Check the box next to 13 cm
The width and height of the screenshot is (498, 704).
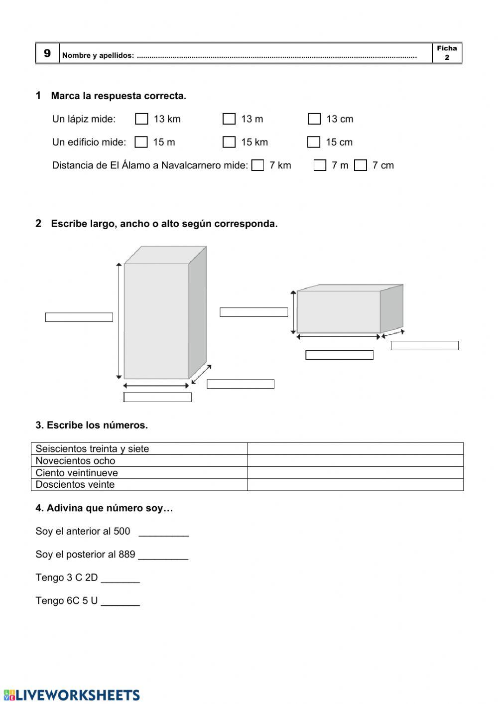pos(314,119)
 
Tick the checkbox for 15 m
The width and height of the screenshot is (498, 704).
pos(141,142)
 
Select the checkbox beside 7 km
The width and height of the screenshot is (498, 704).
pos(257,165)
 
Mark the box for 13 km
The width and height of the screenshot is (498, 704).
pos(142,119)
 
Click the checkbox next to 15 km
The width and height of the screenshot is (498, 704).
pos(229,142)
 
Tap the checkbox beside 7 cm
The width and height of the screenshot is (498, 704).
pos(361,165)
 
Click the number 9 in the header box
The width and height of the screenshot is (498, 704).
pos(47,53)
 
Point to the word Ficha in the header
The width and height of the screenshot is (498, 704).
pos(447,48)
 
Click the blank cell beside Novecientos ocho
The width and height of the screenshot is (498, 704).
pos(355,461)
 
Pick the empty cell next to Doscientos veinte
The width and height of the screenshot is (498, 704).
pos(355,485)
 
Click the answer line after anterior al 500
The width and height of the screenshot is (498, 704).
pos(164,533)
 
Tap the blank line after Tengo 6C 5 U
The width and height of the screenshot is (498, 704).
pos(121,602)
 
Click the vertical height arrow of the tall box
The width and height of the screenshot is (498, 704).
pos(119,321)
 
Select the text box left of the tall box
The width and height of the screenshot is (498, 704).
pos(79,317)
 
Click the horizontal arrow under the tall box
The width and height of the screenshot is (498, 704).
pos(156,385)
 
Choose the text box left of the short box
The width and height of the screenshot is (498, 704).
pos(253,312)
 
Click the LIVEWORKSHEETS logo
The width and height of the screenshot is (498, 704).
pos(72,695)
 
